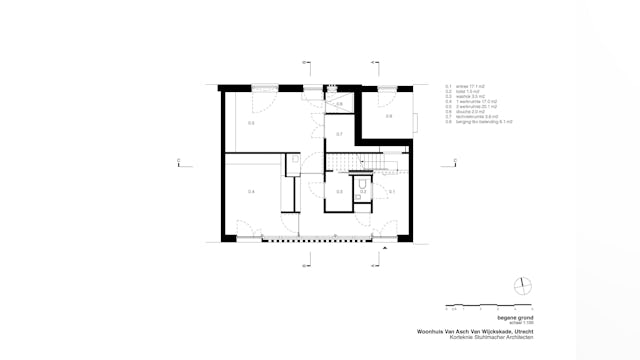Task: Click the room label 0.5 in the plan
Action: tap(251, 123)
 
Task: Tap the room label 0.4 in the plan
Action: tap(251, 191)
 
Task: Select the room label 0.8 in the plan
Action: tap(389, 117)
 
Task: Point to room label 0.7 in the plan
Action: tap(339, 134)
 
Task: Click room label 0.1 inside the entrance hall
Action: tap(392, 190)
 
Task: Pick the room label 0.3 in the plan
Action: tap(339, 191)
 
